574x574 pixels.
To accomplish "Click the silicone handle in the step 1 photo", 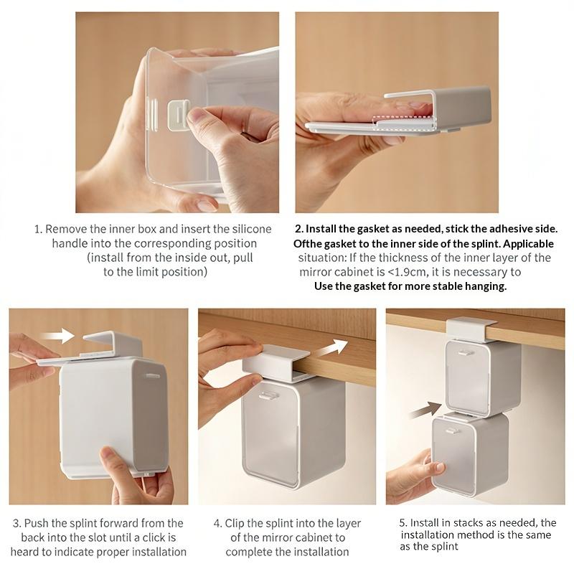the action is [x=179, y=116].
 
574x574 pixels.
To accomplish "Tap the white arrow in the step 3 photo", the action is [x=57, y=336].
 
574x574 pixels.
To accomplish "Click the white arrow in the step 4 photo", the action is [x=331, y=348].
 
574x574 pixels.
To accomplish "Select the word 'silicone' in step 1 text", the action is [x=252, y=229].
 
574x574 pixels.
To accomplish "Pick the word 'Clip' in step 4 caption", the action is [x=235, y=524].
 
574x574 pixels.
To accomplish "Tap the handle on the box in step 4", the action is [x=268, y=395].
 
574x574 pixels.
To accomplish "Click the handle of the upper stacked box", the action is [x=466, y=353].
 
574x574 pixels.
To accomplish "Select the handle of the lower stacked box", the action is [x=453, y=431].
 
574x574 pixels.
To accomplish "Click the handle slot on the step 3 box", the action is [x=153, y=375].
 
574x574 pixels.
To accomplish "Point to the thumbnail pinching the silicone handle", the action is [x=194, y=117].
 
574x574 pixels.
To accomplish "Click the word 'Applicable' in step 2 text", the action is [x=529, y=244].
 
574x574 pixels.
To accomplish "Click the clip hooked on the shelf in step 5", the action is [x=470, y=329].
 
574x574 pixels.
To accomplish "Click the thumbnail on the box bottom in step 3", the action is [x=109, y=454].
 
